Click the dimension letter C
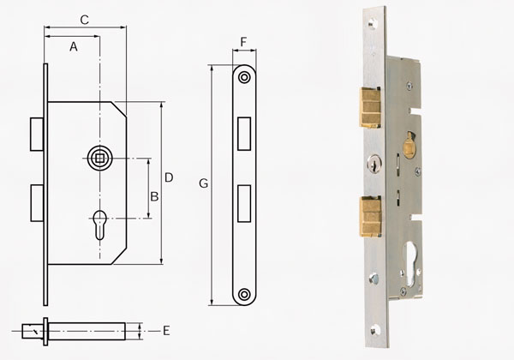click(x=85, y=20)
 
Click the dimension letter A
click(x=74, y=47)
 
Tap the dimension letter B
click(x=154, y=196)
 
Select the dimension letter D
click(x=169, y=177)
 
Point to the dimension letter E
click(x=166, y=331)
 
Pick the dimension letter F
click(x=243, y=42)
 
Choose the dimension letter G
click(x=204, y=183)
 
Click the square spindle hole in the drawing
click(x=99, y=159)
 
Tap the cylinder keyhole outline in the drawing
click(x=100, y=225)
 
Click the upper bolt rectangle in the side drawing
click(x=37, y=134)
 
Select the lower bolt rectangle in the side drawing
click(x=37, y=203)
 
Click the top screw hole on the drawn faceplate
click(x=244, y=77)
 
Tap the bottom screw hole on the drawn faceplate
click(x=244, y=294)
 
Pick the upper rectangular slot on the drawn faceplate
click(x=244, y=134)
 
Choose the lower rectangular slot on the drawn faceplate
click(x=244, y=204)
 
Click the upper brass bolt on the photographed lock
click(x=370, y=107)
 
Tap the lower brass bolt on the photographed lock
click(x=371, y=216)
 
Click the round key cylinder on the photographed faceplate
click(x=374, y=163)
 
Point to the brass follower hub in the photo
click(x=409, y=146)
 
